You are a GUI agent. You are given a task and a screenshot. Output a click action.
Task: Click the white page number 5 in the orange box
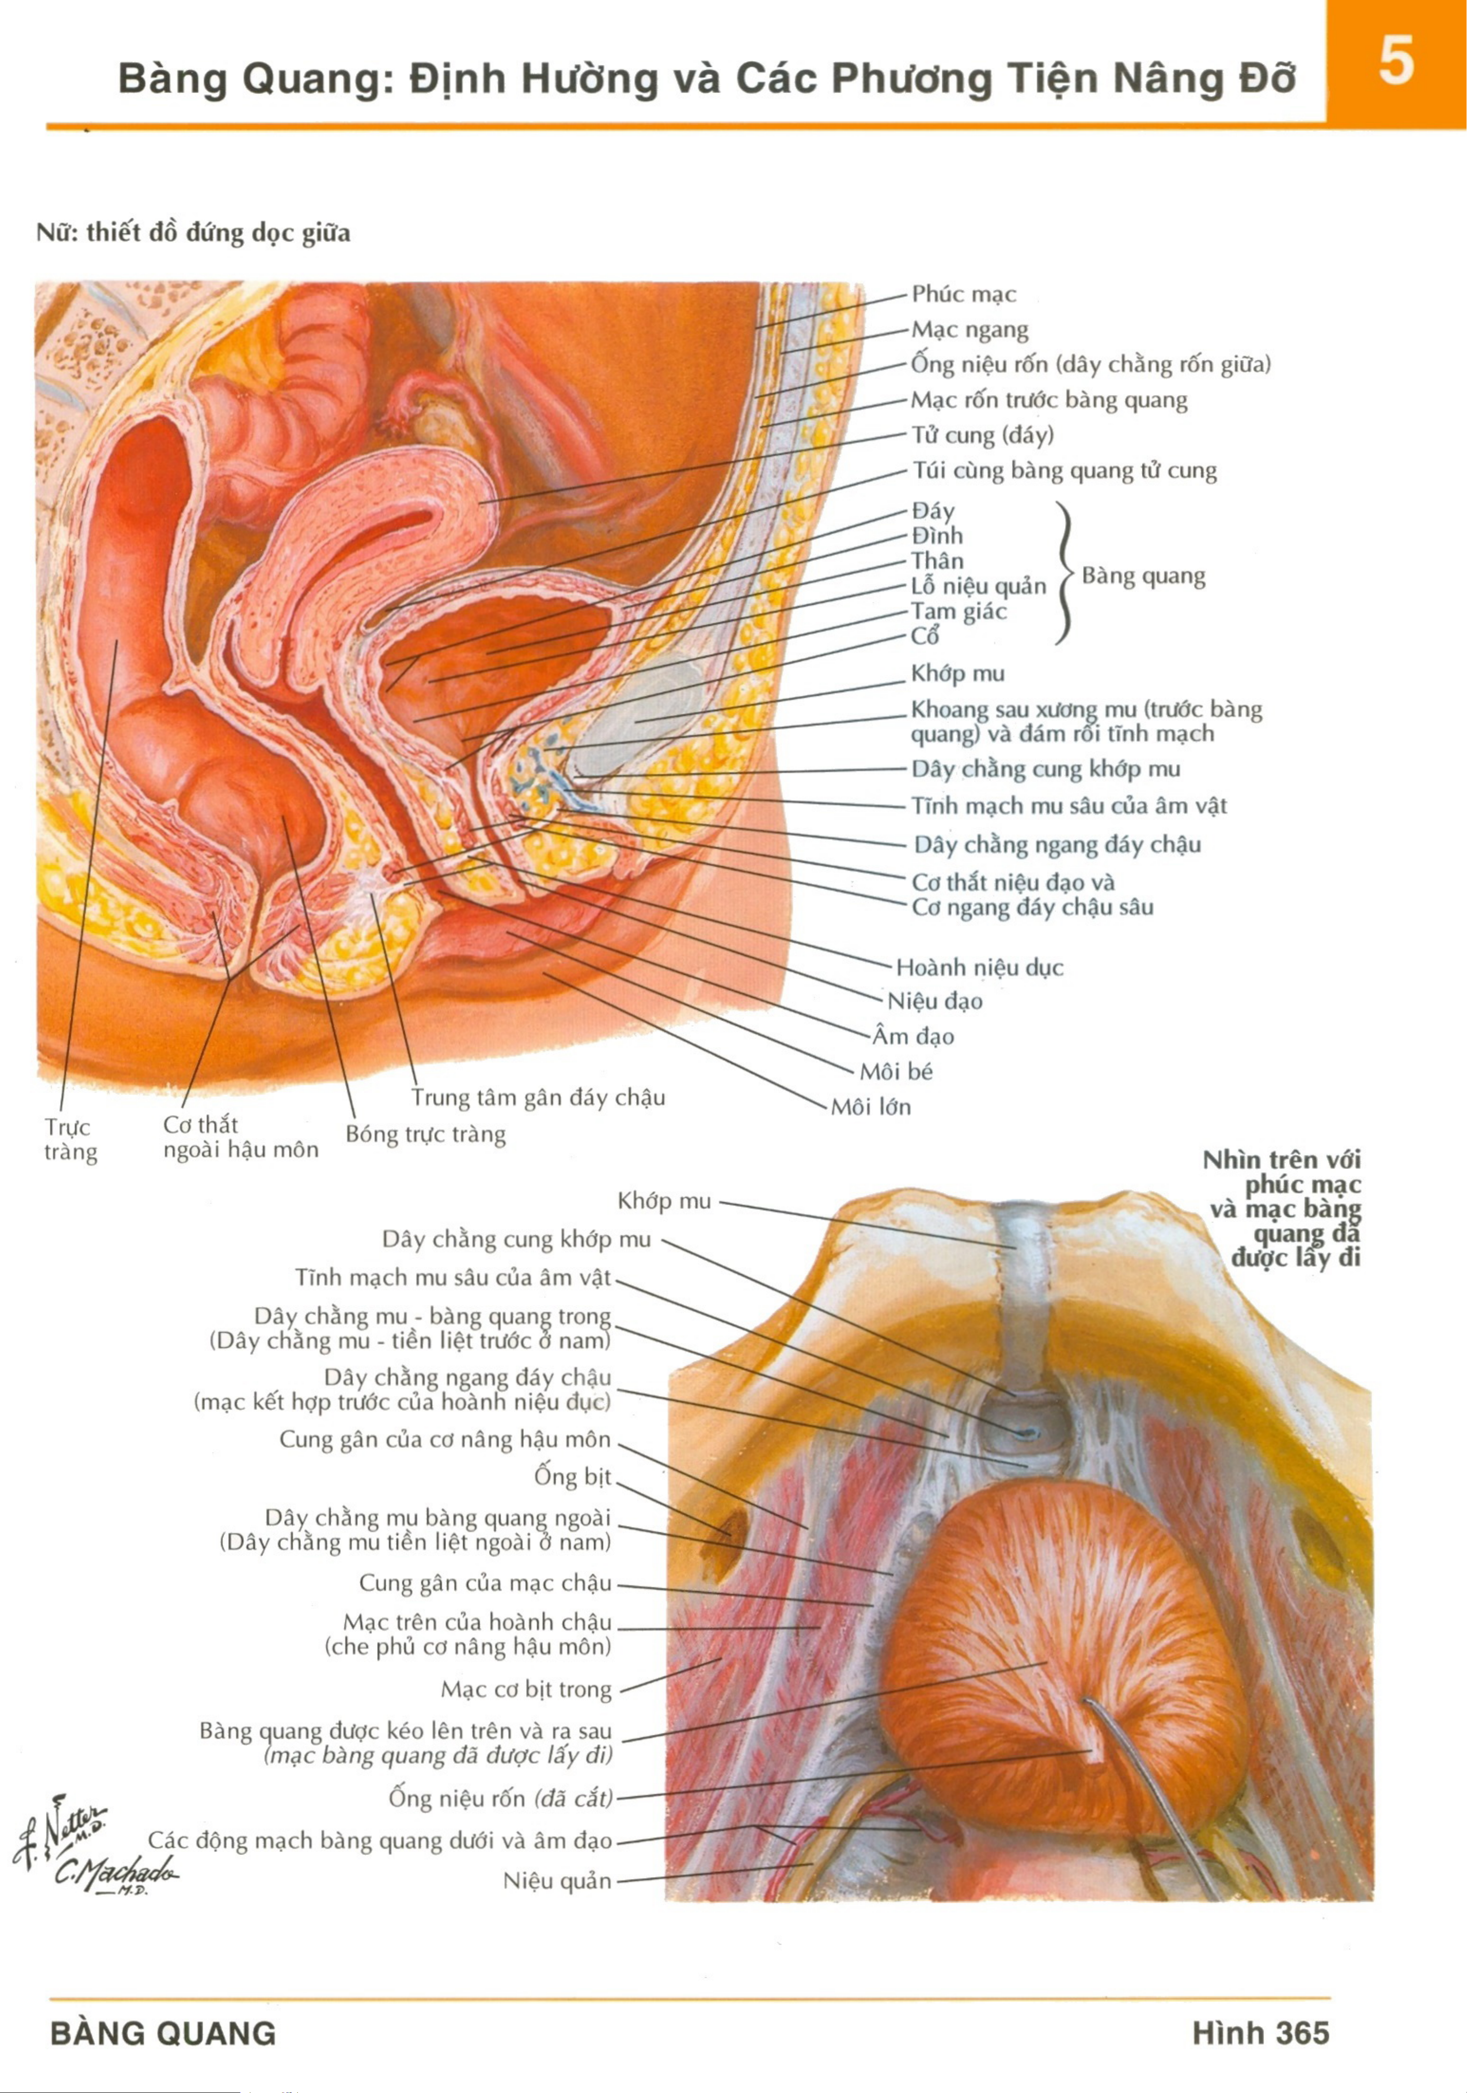click(x=1396, y=62)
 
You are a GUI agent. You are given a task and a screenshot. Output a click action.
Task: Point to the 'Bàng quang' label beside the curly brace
click(x=1144, y=576)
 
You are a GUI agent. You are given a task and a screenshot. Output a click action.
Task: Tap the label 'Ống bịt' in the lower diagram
click(x=572, y=1476)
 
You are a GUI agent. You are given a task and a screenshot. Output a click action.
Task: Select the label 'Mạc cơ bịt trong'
click(x=526, y=1689)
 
